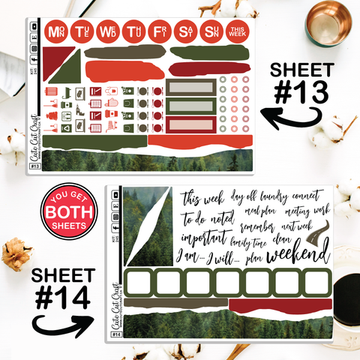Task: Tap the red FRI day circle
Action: (159, 32)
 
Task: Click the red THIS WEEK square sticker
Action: (237, 32)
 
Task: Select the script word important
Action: (203, 238)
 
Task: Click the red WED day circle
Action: (108, 32)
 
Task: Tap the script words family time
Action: (251, 241)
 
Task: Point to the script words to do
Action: (197, 220)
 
